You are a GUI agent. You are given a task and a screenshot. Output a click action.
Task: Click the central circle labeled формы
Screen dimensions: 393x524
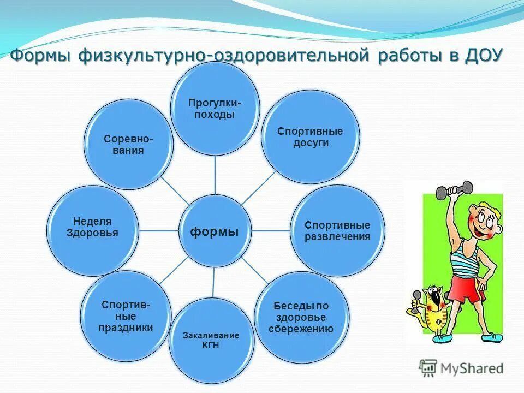[x=215, y=231]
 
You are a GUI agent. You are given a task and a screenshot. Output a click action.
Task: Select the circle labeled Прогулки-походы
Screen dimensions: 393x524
[x=215, y=108]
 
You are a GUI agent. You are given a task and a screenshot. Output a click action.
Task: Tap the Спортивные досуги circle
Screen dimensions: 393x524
[x=309, y=136]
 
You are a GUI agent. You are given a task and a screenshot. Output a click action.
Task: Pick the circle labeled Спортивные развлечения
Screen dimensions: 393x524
[x=337, y=231]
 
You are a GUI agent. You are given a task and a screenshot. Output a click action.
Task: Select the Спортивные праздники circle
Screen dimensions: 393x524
[x=126, y=317]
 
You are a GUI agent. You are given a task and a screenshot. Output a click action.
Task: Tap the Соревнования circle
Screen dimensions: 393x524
[x=129, y=144]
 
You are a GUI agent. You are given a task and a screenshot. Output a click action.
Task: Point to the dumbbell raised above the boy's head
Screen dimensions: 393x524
[x=454, y=190]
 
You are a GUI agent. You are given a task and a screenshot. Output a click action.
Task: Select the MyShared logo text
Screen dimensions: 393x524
[x=470, y=368]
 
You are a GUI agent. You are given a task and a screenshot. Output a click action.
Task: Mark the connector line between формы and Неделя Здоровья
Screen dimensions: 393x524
[x=159, y=230]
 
